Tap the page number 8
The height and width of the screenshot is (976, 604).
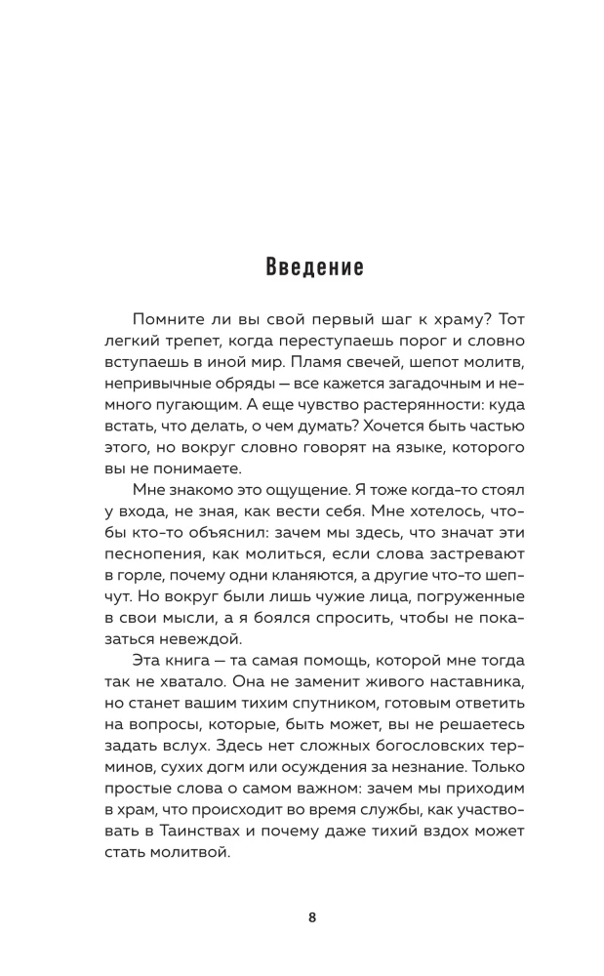(x=311, y=917)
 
